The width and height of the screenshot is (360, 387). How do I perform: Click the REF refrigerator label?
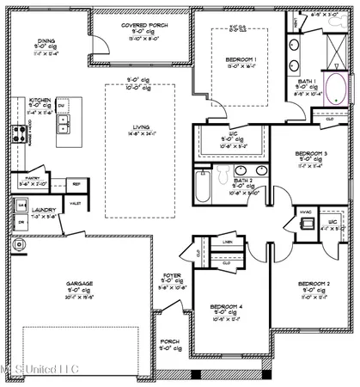(x=76, y=184)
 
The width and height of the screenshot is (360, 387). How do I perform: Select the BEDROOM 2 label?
(x=313, y=284)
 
